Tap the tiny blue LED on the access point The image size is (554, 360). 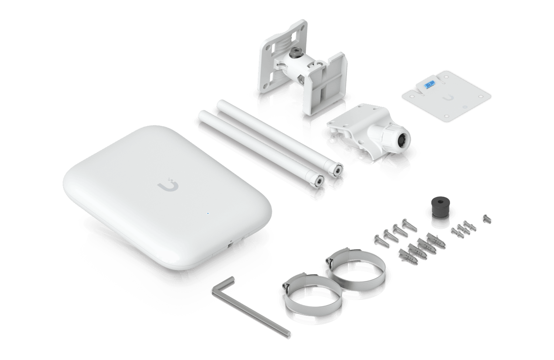tap(208, 213)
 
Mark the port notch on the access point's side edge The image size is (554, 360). tap(230, 244)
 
